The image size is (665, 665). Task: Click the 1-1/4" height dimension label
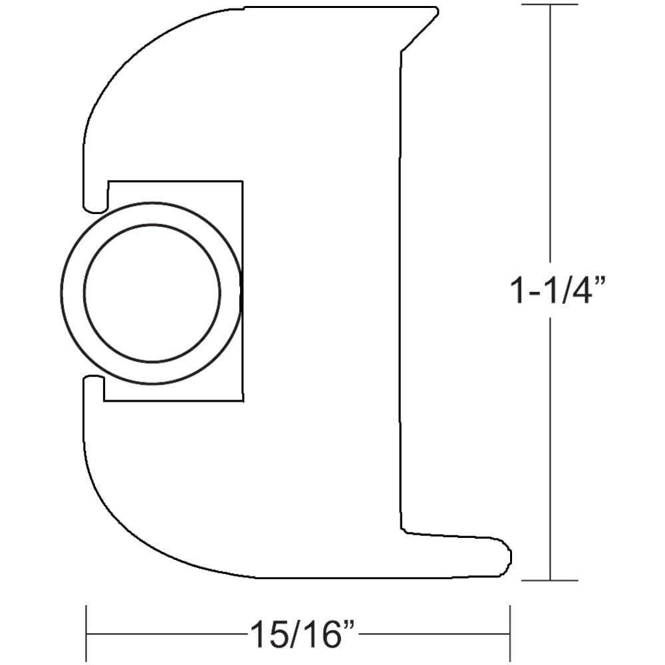pyautogui.click(x=557, y=291)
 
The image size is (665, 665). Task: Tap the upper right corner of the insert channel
pyautogui.click(x=241, y=181)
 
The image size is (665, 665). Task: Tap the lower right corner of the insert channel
pyautogui.click(x=241, y=401)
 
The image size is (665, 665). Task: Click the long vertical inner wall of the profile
pyautogui.click(x=400, y=293)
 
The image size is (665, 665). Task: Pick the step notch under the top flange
pyautogui.click(x=401, y=51)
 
